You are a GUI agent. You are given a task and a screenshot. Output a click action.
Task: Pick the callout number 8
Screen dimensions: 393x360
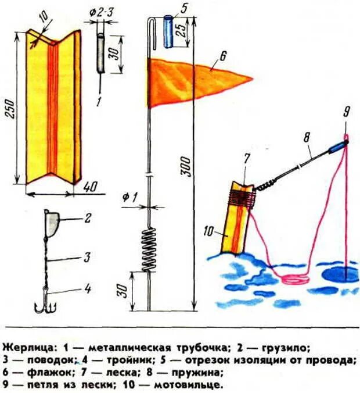tap(306, 137)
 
